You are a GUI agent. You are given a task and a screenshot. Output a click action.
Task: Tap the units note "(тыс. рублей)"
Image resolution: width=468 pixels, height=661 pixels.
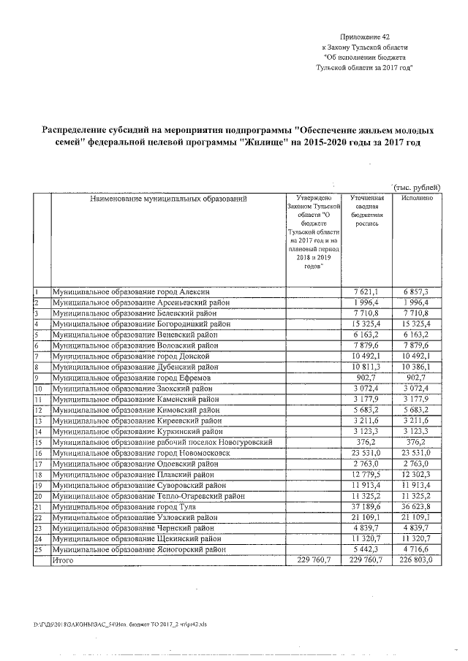pos(417,188)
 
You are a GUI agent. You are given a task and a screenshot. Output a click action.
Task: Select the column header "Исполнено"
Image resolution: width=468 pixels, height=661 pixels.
pos(418,198)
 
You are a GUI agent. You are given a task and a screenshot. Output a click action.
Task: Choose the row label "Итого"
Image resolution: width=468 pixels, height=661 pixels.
pos(61,560)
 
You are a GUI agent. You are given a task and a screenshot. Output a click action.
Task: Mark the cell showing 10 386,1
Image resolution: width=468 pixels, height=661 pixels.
pos(418,367)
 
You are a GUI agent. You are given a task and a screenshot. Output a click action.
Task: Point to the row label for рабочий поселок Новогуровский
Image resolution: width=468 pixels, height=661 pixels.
pos(162,442)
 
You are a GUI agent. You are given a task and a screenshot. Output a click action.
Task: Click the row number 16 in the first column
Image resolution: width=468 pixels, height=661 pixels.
pos(39,453)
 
